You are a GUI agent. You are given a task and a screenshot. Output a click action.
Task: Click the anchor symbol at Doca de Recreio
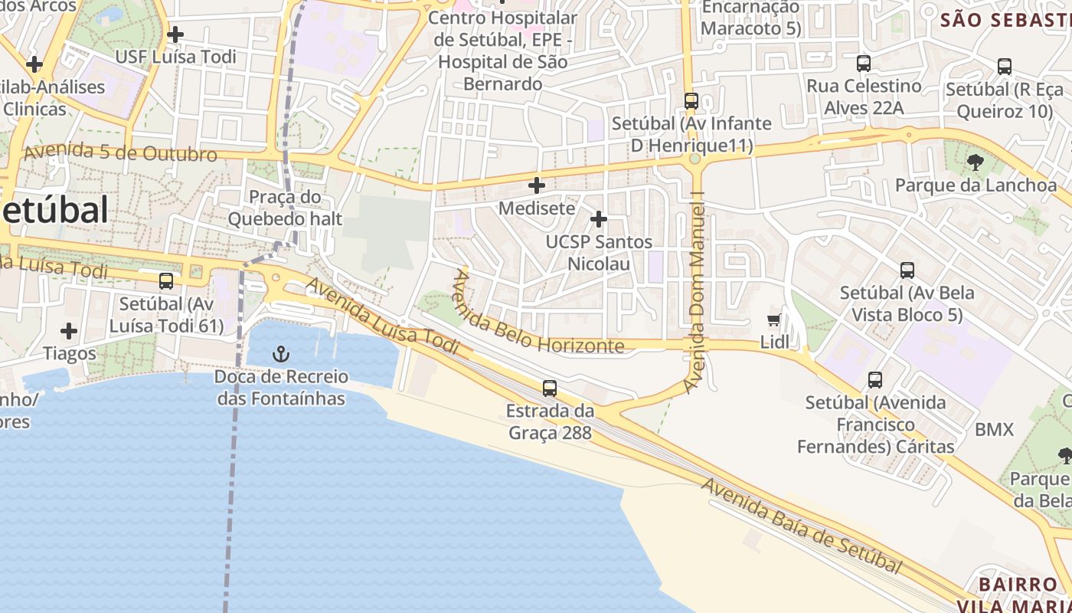282,354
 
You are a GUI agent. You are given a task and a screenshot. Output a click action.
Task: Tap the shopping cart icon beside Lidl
774,320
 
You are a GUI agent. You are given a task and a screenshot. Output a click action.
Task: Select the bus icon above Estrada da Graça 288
549,388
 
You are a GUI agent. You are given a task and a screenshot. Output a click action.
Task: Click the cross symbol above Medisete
537,185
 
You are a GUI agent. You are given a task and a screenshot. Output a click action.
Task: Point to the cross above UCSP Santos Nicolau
598,220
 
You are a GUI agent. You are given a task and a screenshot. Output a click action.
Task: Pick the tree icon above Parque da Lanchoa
975,162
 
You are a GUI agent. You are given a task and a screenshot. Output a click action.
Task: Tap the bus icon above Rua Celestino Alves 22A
864,64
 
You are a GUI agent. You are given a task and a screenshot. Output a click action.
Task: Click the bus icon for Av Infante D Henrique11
691,101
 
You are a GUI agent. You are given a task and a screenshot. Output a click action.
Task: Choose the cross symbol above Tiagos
69,331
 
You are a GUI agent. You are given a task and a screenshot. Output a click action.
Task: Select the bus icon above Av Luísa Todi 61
166,281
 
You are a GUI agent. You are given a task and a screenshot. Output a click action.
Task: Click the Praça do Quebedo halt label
285,208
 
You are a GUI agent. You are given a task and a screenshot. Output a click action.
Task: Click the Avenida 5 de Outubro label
120,152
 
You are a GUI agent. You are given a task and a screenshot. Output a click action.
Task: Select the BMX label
994,430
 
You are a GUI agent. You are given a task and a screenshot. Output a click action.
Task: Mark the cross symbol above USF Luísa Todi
175,34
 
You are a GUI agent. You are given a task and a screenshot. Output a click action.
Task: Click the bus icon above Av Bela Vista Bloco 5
907,270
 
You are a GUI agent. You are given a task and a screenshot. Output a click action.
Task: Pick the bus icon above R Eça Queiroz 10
1005,67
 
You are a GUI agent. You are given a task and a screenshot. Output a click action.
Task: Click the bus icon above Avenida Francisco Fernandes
875,380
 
